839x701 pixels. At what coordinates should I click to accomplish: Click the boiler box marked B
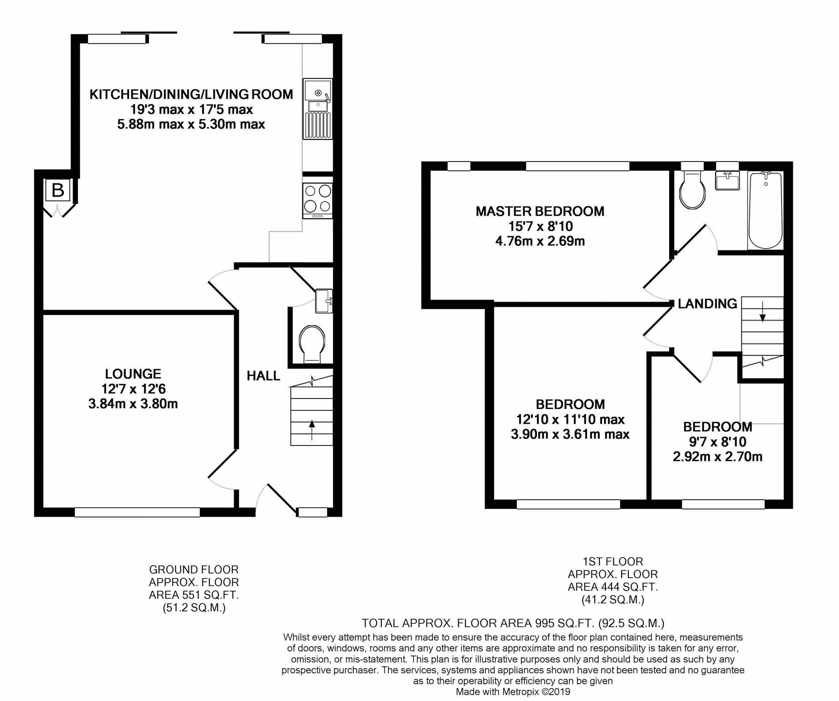(x=58, y=190)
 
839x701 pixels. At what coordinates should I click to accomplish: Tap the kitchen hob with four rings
(x=318, y=200)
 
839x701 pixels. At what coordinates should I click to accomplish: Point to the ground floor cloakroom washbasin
(x=324, y=301)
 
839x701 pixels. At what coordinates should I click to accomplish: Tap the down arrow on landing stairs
(x=763, y=311)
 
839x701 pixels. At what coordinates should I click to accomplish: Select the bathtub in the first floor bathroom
(x=766, y=210)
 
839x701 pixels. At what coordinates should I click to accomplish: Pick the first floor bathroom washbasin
(x=728, y=181)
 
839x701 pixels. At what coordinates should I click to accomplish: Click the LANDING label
(x=707, y=303)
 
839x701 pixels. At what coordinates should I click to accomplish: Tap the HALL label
(x=263, y=376)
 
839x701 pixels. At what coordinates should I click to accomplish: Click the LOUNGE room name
(x=133, y=374)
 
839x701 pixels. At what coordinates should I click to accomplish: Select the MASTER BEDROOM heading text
(x=540, y=211)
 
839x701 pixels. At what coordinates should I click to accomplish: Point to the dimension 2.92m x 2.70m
(x=717, y=456)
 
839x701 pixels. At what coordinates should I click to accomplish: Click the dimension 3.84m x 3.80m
(x=133, y=404)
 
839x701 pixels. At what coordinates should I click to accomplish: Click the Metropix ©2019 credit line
(x=513, y=692)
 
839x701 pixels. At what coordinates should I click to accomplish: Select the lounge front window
(x=137, y=512)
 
